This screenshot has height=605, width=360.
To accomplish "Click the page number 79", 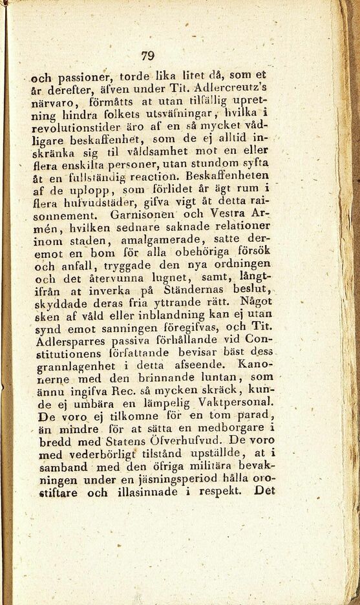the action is point(148,56).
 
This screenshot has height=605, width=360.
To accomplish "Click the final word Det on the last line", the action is point(265,490).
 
